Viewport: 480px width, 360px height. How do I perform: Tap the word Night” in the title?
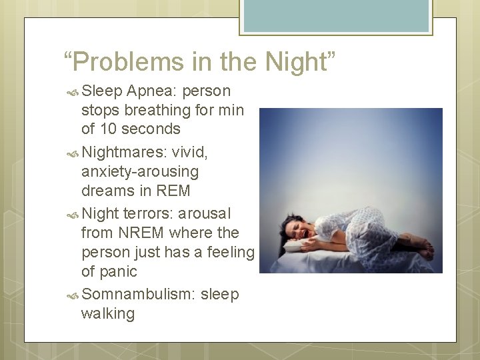(x=301, y=63)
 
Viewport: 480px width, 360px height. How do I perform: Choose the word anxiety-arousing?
(x=140, y=171)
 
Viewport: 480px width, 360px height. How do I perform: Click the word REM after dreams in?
(x=173, y=191)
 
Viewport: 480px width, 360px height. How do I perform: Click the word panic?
(x=119, y=271)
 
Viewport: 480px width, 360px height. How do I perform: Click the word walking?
(x=107, y=313)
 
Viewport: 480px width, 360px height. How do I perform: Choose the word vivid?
(x=190, y=153)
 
